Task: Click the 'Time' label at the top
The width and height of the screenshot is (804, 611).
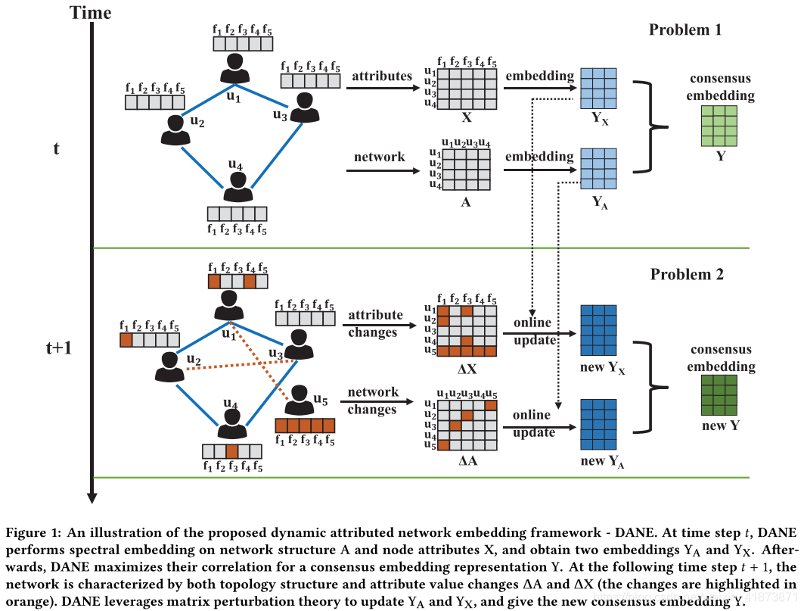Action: pyautogui.click(x=90, y=12)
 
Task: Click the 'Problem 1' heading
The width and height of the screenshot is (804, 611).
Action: pyautogui.click(x=685, y=30)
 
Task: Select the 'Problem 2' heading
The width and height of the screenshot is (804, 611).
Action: pyautogui.click(x=687, y=274)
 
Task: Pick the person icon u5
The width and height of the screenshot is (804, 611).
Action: pyautogui.click(x=300, y=399)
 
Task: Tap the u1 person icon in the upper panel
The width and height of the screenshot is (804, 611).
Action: pyautogui.click(x=234, y=67)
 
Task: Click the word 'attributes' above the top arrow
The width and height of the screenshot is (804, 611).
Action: pyautogui.click(x=382, y=76)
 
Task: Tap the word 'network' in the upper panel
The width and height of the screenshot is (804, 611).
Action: pyautogui.click(x=379, y=157)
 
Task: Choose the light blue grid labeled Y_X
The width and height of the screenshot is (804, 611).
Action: pyautogui.click(x=598, y=89)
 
